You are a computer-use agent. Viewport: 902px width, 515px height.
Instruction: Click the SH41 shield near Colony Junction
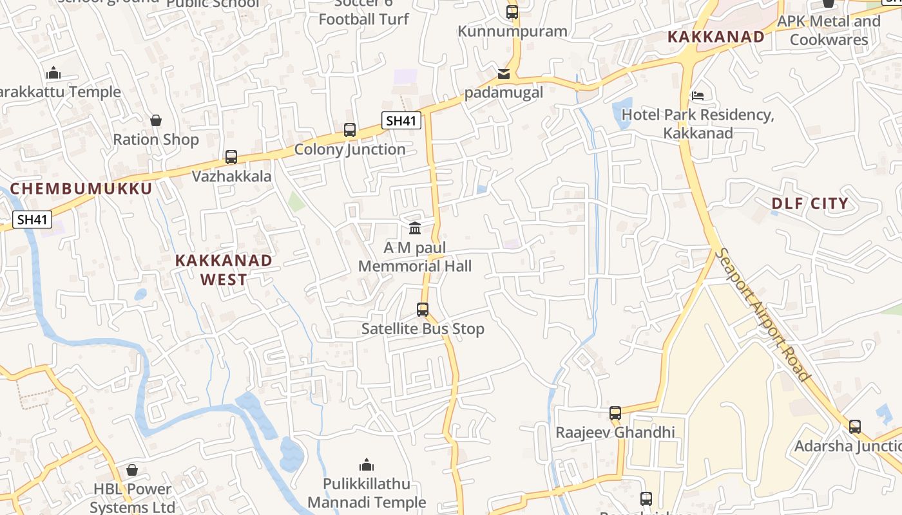[x=401, y=120]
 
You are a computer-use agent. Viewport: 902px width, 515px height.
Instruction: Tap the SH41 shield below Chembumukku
[x=33, y=220]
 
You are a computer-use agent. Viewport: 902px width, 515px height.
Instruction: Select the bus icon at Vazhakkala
[x=231, y=156]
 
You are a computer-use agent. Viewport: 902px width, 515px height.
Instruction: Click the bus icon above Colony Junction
[x=349, y=130]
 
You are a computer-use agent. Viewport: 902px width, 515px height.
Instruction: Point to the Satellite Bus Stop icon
[x=423, y=310]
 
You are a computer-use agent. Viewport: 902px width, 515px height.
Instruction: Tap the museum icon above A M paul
[x=415, y=229]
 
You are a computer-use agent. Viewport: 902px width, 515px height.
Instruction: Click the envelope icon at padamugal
[x=504, y=74]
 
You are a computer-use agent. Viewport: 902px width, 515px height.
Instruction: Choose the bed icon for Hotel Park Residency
[x=697, y=97]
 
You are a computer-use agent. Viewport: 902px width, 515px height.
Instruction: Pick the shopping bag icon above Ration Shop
[x=156, y=120]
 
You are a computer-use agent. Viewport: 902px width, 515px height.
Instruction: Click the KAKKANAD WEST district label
[x=224, y=270]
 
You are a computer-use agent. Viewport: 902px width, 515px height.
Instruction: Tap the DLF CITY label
[x=810, y=204]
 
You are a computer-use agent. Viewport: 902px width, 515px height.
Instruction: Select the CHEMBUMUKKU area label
[x=81, y=189]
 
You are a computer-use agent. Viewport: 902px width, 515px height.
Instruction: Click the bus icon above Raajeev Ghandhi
[x=615, y=413]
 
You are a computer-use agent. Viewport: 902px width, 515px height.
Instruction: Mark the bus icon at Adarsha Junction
[x=854, y=427]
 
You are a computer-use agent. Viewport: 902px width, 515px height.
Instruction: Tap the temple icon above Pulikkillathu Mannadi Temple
[x=367, y=465]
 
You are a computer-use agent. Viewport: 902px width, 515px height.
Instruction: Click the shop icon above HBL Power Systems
[x=132, y=471]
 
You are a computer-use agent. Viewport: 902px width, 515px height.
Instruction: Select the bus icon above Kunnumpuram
[x=512, y=12]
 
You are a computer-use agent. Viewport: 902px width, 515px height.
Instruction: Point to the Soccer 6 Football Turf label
[x=364, y=13]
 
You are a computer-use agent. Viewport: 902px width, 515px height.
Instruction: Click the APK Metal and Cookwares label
[x=829, y=30]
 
